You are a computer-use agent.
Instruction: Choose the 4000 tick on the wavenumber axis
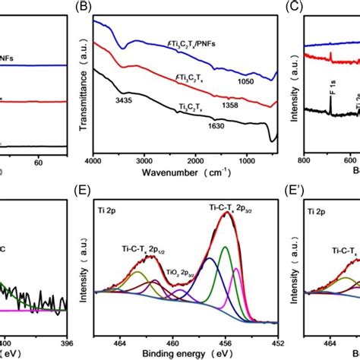pos(93,160)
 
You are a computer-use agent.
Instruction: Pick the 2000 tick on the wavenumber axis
pos(185,160)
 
